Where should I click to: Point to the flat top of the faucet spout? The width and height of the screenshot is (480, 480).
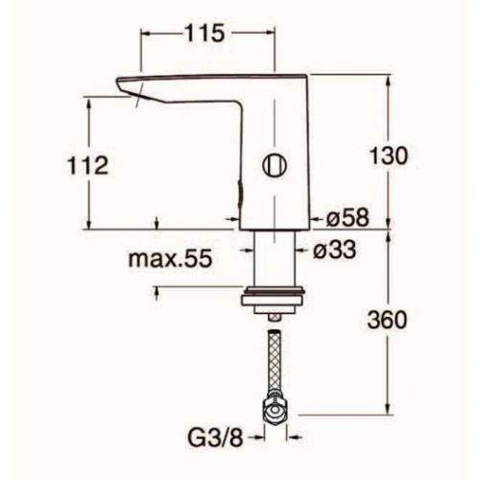tap(211, 77)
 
